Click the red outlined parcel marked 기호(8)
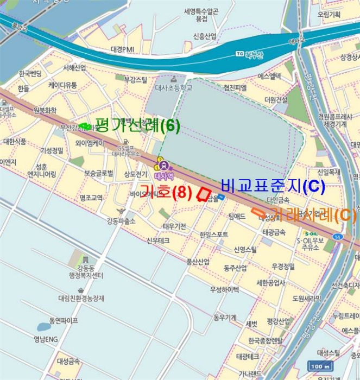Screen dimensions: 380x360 (203, 194)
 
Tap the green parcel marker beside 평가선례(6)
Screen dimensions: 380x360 (84, 126)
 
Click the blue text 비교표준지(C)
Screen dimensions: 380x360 (273, 186)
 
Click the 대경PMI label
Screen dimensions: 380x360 (122, 49)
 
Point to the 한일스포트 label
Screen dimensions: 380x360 (213, 235)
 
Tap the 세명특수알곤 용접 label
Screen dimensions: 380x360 (201, 15)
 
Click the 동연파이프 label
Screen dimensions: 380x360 (56, 320)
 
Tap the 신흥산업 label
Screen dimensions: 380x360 (205, 36)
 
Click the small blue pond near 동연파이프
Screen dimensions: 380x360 (43, 327)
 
